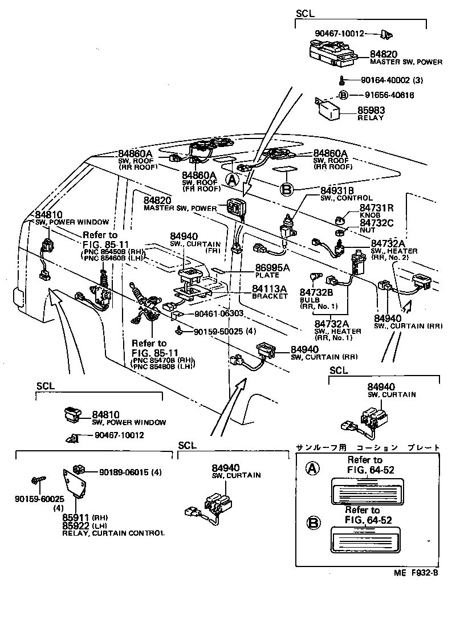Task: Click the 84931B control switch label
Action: coord(337,190)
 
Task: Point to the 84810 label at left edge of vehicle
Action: coord(48,214)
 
